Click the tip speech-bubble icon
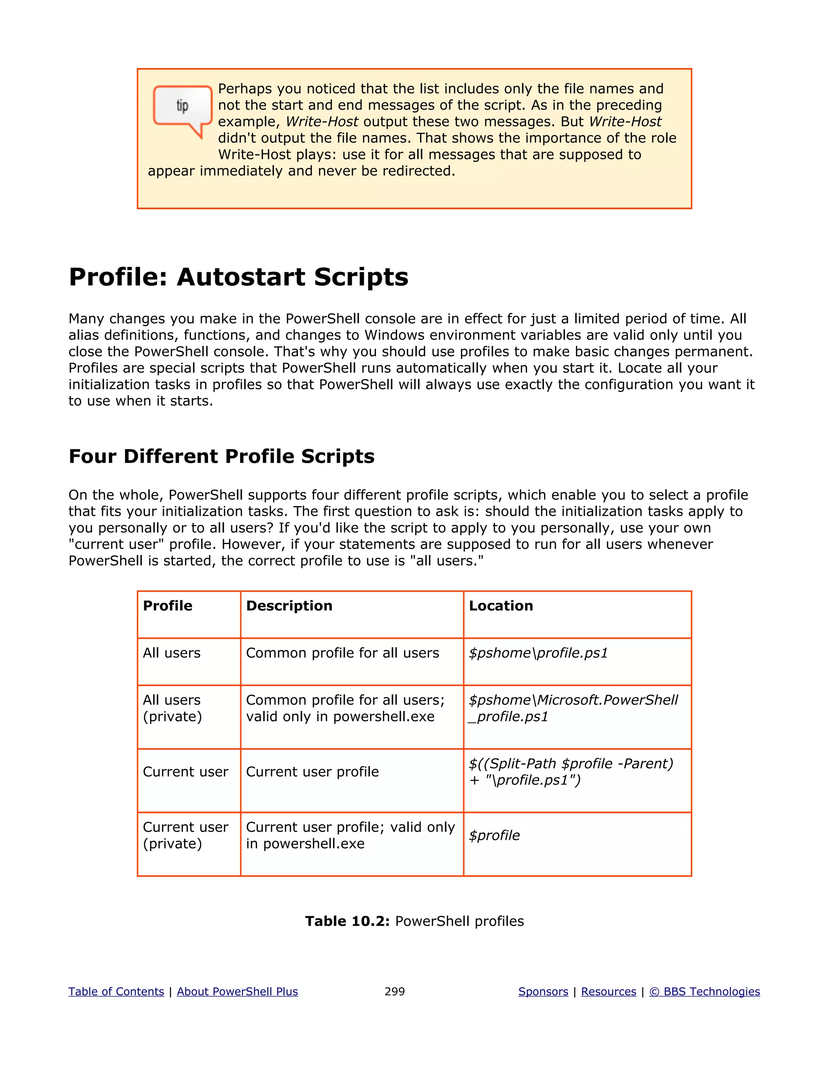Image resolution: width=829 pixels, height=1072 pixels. (182, 109)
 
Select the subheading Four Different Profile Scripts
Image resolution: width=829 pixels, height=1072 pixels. (221, 456)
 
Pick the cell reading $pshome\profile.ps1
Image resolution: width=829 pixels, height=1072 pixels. (538, 653)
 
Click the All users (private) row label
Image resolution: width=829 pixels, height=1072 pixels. (172, 708)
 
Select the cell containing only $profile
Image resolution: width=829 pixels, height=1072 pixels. (494, 835)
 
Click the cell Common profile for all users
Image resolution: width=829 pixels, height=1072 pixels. (342, 653)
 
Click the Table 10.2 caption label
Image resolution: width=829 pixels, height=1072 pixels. (347, 921)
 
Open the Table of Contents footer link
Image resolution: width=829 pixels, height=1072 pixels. (116, 991)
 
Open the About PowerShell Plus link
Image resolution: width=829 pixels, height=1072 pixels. (237, 991)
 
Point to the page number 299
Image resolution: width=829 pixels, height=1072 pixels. (394, 991)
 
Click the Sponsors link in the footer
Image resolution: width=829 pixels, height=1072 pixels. (543, 991)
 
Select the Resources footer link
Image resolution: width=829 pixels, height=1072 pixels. (608, 991)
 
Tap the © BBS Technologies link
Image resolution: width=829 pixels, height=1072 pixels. (704, 991)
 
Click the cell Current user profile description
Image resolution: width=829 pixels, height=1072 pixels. (312, 772)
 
